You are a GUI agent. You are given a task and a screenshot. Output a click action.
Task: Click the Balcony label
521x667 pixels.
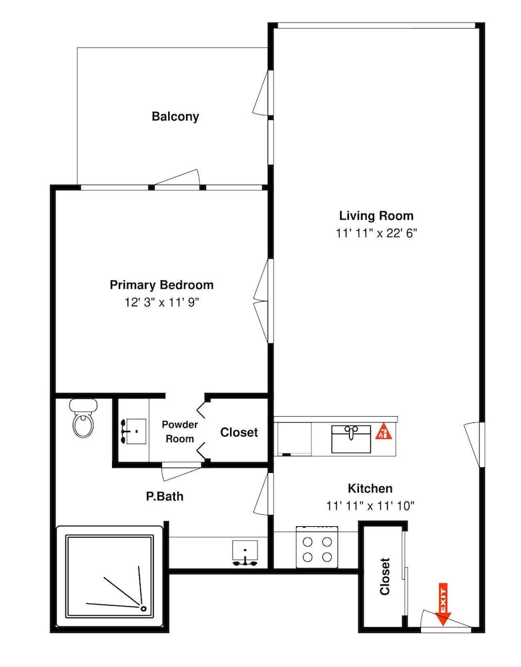click(x=175, y=117)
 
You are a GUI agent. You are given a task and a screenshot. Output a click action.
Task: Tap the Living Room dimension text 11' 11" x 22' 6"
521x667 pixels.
click(x=376, y=233)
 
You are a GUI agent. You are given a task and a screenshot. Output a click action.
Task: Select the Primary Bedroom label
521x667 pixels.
click(x=161, y=285)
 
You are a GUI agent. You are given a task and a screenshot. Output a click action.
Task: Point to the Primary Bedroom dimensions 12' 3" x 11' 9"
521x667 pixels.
click(x=161, y=302)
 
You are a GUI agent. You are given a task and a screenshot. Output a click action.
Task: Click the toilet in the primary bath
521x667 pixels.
click(x=83, y=419)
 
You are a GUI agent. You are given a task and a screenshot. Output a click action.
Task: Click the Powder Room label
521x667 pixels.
click(x=180, y=432)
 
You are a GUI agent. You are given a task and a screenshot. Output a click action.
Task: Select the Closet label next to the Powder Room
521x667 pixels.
click(x=239, y=433)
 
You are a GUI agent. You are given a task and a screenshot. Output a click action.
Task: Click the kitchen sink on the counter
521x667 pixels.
click(x=352, y=439)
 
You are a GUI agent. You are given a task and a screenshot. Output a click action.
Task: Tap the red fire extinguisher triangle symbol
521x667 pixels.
click(x=384, y=432)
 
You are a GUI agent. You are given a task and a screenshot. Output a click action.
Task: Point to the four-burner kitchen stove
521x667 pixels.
click(x=318, y=547)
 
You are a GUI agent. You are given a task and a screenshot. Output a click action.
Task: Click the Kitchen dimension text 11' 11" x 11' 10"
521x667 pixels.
click(x=370, y=506)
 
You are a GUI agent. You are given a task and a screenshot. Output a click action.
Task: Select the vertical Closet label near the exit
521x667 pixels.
click(x=385, y=576)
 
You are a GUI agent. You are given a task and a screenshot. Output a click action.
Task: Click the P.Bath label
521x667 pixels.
click(x=165, y=496)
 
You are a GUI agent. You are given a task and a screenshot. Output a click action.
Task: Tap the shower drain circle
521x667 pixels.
click(x=143, y=609)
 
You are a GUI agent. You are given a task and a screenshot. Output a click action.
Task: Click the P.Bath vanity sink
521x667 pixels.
click(x=245, y=553)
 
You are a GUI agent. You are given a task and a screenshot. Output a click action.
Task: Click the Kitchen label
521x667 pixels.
click(x=370, y=488)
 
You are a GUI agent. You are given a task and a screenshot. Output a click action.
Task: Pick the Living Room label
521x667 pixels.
click(x=376, y=215)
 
